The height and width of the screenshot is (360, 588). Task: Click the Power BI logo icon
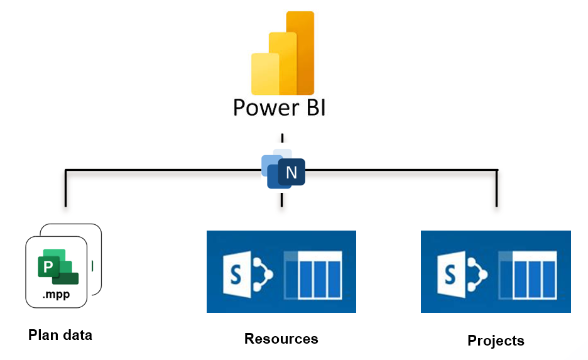click(x=282, y=53)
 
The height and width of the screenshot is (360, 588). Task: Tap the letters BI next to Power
click(x=311, y=107)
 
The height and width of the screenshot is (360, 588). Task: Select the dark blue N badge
click(x=291, y=172)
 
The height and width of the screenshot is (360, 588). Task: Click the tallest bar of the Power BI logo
click(x=300, y=53)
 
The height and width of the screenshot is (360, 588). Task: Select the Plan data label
click(x=60, y=335)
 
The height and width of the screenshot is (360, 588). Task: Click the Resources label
click(x=281, y=339)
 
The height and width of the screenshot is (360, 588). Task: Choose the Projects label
click(x=496, y=341)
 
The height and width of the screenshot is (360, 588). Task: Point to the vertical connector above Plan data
click(x=65, y=188)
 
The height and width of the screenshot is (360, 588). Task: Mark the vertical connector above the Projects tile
click(x=497, y=188)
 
